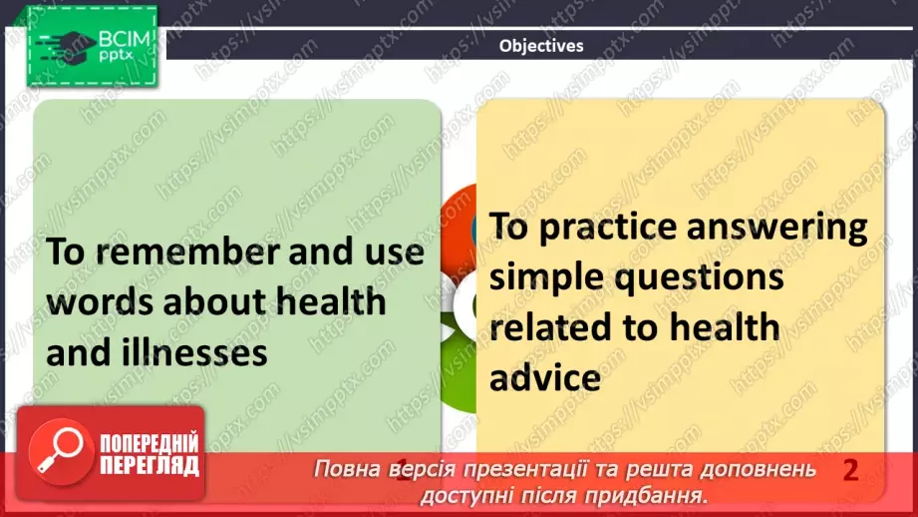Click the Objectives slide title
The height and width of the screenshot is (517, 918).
click(x=541, y=45)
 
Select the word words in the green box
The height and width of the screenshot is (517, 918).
click(x=100, y=302)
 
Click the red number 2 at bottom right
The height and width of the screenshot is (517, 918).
click(x=850, y=470)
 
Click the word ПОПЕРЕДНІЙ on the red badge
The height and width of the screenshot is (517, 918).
click(x=149, y=443)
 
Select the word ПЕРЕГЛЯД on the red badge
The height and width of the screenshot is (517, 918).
click(x=149, y=465)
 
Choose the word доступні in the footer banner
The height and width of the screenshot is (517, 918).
click(x=465, y=494)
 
